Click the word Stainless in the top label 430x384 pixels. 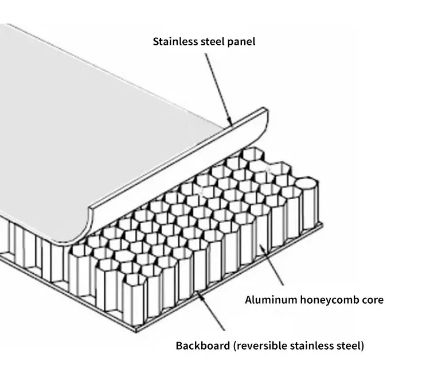(171, 41)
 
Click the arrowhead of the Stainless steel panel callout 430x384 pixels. (230, 123)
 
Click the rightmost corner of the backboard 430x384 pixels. (323, 225)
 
